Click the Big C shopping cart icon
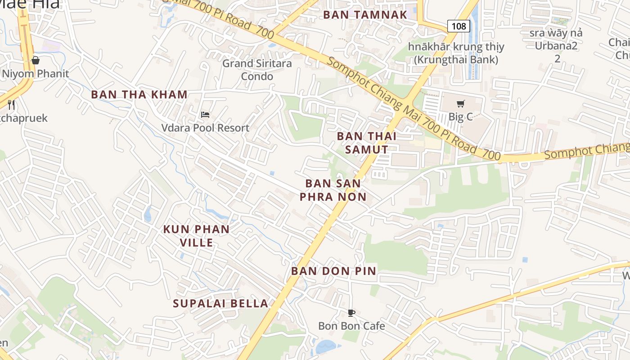[x=460, y=104]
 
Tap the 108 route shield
[x=459, y=26]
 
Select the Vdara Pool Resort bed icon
[x=205, y=115]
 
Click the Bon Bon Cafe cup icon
[x=351, y=313]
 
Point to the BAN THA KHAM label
[x=139, y=94]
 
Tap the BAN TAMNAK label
[x=365, y=14]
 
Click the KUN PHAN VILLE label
[x=196, y=236]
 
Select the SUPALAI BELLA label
[x=220, y=303]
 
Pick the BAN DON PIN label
[x=333, y=271]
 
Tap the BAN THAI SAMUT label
[x=366, y=143]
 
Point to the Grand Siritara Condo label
[x=257, y=70]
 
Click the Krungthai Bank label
[x=456, y=53]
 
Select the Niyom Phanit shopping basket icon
[x=36, y=60]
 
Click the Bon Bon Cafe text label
[x=351, y=326]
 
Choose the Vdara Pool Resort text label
[x=205, y=128]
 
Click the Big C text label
[x=461, y=117]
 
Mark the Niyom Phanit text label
[x=36, y=73]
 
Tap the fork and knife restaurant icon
[x=12, y=105]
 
